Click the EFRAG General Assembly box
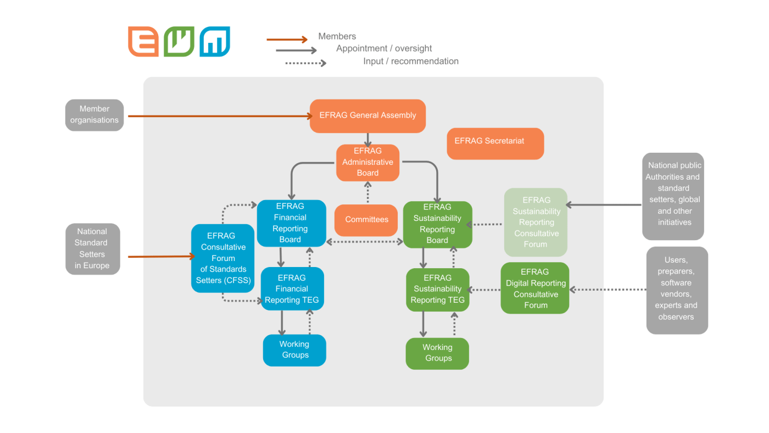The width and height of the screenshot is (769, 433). [x=367, y=116]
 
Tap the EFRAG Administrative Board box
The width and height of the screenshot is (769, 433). [x=367, y=163]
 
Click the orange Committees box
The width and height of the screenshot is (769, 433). [x=366, y=220]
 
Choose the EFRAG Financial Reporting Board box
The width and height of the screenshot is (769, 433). [x=291, y=223]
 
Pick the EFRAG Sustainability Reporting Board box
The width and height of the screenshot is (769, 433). [x=437, y=224]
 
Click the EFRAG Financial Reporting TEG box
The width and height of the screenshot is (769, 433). [x=292, y=289]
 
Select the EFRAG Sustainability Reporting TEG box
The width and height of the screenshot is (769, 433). [x=438, y=290]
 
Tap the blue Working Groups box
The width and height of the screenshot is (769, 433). [x=294, y=350]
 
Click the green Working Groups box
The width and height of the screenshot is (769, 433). [x=437, y=353]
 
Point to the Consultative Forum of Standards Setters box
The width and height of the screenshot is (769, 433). [x=222, y=258]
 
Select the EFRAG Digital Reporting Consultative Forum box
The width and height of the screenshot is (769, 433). [x=534, y=288]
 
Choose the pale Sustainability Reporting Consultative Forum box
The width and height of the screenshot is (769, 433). [x=536, y=223]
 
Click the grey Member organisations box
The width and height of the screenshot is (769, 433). [x=94, y=115]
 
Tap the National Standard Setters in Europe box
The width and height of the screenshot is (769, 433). [x=92, y=249]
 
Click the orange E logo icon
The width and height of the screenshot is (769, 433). [x=143, y=42]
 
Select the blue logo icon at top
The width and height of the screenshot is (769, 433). [x=215, y=42]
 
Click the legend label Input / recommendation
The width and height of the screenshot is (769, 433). [x=411, y=62]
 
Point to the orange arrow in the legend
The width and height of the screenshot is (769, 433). [x=287, y=40]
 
